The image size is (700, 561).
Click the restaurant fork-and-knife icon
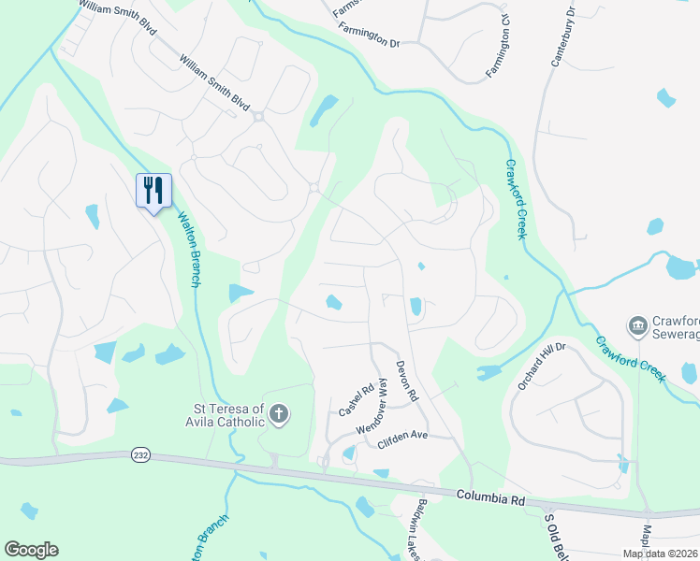153,190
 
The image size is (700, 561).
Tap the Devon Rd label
406,381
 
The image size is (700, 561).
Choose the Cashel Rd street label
356,400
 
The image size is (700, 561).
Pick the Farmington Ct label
499,50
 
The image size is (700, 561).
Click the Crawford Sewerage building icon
638,325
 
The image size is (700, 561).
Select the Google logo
31,550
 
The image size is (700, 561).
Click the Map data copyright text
660,554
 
